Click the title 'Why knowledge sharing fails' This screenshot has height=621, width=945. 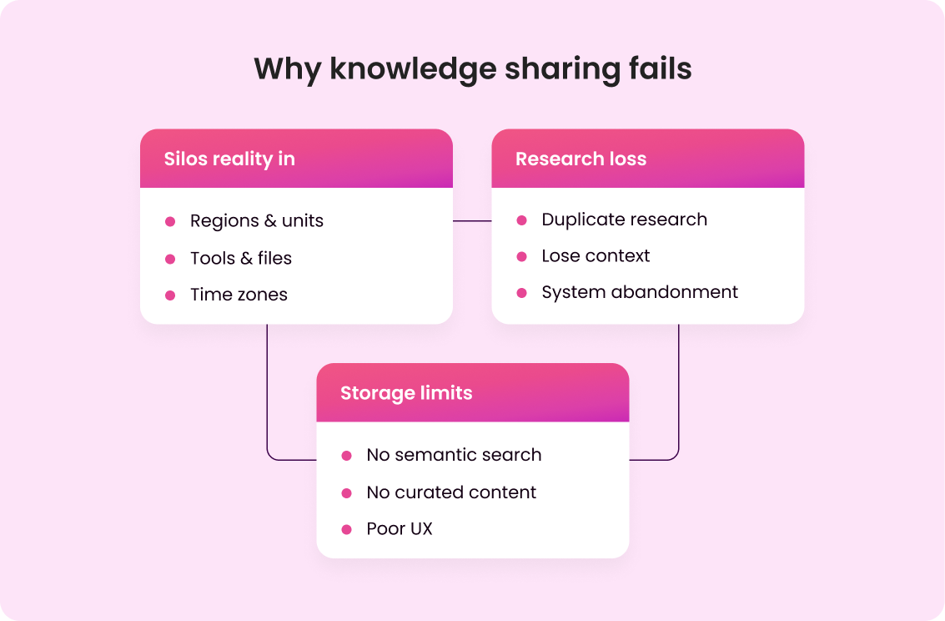click(472, 68)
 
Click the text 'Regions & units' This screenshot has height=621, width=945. click(256, 221)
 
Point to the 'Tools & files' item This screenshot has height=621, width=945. click(240, 258)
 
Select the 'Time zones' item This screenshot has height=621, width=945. click(239, 295)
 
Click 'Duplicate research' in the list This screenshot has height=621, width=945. click(624, 220)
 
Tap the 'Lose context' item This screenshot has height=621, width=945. click(596, 256)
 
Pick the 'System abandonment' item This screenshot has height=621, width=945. click(640, 292)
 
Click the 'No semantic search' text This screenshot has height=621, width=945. click(454, 455)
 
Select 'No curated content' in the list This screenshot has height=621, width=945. click(451, 492)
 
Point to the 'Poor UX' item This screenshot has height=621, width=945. click(400, 529)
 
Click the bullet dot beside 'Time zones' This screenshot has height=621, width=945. click(170, 295)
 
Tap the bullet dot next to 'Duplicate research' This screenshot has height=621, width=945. click(522, 220)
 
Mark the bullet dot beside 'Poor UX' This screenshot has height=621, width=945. click(347, 530)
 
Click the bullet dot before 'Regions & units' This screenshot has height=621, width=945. click(170, 222)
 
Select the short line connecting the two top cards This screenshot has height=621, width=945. click(472, 221)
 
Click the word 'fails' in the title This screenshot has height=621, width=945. click(660, 68)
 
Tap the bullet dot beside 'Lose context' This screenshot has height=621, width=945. click(522, 257)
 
